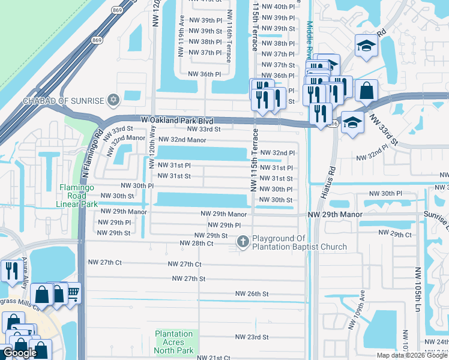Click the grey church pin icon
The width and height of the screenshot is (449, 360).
click(243, 242)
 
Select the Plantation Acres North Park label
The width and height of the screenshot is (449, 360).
click(174, 342)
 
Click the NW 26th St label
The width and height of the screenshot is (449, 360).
click(252, 294)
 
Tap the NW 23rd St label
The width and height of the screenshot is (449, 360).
click(252, 337)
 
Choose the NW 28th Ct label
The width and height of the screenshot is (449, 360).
click(197, 244)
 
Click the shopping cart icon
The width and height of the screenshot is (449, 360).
click(71, 293)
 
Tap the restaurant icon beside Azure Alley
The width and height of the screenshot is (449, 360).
click(11, 271)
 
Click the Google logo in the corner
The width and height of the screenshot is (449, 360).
click(20, 353)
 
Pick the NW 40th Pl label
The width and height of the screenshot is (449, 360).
click(276, 7)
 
